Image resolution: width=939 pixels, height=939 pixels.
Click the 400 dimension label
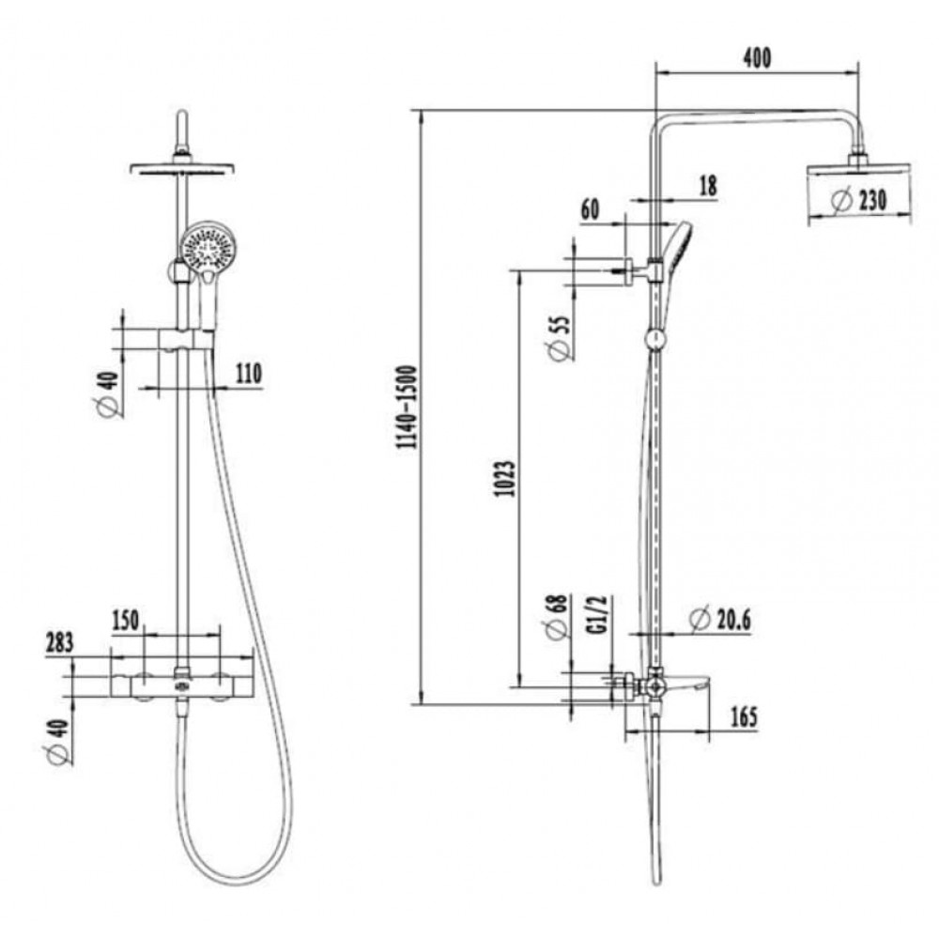point(757,58)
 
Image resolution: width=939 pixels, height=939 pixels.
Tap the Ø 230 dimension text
point(860,200)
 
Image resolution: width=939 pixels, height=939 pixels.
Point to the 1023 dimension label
point(504,479)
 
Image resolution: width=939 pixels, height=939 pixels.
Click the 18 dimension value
point(708,186)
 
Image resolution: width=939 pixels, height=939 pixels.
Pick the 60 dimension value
point(590,210)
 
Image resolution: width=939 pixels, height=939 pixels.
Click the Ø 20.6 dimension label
point(720,620)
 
